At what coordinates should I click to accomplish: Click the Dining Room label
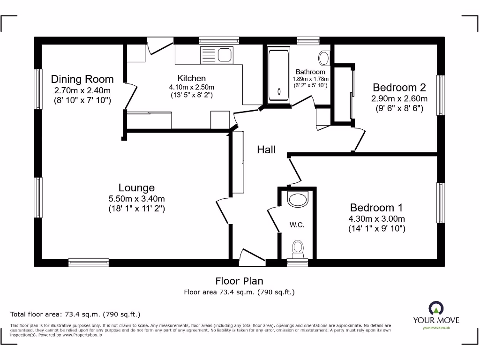82,79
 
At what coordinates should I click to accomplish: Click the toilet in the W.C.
297,248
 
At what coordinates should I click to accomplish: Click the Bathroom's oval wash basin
324,58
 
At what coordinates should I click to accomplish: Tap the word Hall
266,150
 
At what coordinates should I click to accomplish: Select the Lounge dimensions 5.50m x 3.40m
136,199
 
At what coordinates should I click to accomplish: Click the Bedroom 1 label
376,208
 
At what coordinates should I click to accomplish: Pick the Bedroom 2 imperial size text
399,108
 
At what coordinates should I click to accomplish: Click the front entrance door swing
249,257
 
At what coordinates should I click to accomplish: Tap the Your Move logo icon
436,308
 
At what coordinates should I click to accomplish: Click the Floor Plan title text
239,281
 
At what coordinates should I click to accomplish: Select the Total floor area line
75,314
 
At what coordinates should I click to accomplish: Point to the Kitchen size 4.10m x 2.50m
191,87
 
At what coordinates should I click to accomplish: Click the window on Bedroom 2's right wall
440,95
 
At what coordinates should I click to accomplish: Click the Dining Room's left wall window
38,90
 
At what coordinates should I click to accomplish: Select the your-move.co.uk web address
436,328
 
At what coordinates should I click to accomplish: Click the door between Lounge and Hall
222,211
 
